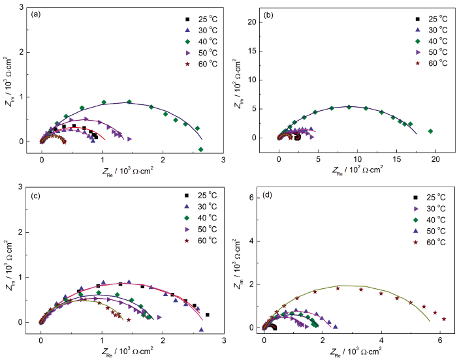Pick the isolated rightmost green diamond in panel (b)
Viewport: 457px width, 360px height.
[430, 131]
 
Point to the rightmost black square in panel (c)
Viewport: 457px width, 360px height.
[207, 315]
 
